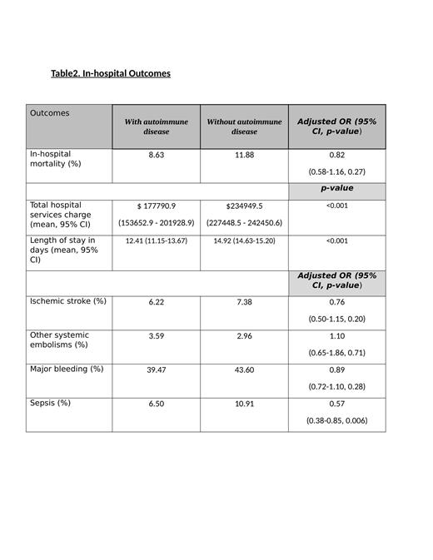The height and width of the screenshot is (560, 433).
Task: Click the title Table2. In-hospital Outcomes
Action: pos(111,73)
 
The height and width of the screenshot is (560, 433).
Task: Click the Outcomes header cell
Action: pos(50,113)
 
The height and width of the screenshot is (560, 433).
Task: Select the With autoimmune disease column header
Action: pos(156,126)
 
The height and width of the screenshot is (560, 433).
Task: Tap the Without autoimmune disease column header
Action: pos(244,126)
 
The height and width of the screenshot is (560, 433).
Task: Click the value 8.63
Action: pos(157,155)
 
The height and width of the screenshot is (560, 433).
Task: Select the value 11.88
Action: pos(244,155)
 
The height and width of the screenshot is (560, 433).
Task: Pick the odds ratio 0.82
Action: pos(336,155)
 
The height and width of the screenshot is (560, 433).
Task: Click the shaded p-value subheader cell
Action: pos(336,189)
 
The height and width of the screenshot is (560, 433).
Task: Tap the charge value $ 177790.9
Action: pos(157,206)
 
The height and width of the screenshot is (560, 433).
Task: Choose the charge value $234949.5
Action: pos(244,206)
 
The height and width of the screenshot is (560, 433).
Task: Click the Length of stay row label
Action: pos(63,250)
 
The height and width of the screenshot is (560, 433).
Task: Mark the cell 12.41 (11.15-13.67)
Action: pos(157,240)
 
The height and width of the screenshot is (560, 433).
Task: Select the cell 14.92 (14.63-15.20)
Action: pos(244,240)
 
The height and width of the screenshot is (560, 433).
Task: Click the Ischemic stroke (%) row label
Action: pos(67,301)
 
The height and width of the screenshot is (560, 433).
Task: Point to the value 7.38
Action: pos(244,302)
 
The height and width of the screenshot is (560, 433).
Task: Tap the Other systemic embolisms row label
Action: pos(59,339)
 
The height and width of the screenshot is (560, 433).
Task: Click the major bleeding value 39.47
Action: pos(157,369)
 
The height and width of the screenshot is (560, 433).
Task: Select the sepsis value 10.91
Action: pos(244,404)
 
